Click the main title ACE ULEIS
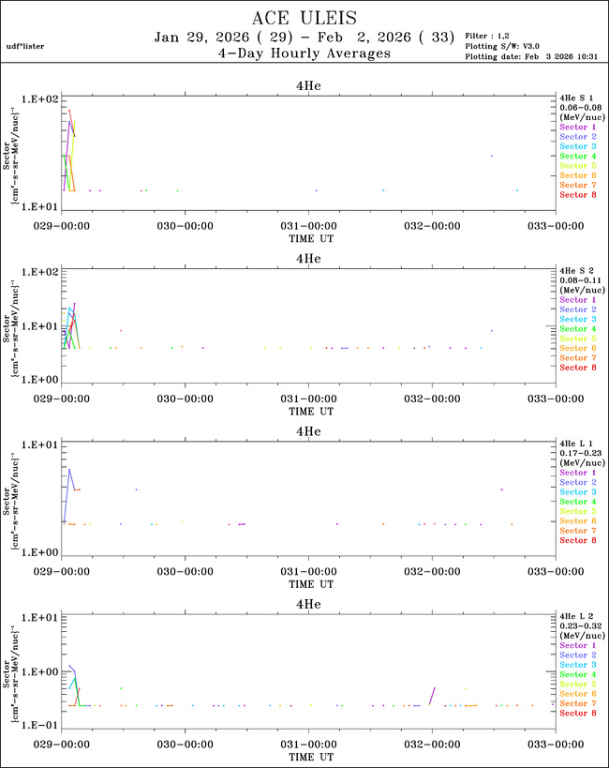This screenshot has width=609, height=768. (x=304, y=18)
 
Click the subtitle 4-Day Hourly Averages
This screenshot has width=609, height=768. (x=304, y=54)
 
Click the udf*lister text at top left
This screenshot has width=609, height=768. (x=25, y=46)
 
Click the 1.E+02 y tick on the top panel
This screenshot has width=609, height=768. (x=40, y=98)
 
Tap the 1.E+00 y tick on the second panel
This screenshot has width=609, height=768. (x=40, y=380)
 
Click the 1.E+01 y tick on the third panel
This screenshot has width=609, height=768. (x=40, y=444)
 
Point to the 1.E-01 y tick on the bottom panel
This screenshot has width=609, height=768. (x=40, y=726)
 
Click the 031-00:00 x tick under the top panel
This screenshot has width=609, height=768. (x=308, y=226)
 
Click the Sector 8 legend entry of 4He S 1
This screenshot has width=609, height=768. (x=578, y=195)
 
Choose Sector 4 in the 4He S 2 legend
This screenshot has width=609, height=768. (x=578, y=329)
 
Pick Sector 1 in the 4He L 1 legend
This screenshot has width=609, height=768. (x=578, y=473)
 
